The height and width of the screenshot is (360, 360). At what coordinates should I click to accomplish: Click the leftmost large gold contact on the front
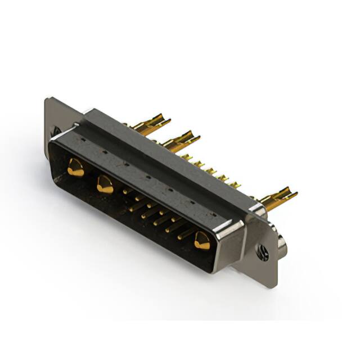[75, 168]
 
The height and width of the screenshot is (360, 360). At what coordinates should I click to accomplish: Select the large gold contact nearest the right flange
[202, 241]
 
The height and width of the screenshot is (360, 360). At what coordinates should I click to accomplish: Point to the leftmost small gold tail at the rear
[186, 157]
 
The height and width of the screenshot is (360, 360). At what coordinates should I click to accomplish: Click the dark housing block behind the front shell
[169, 152]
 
